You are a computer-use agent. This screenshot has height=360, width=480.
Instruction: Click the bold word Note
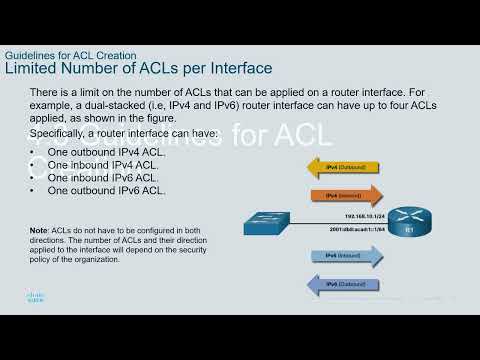point(39,229)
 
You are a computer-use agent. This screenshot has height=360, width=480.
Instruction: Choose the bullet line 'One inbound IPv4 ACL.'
point(101,164)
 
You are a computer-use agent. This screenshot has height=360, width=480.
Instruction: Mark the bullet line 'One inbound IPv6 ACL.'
point(101,177)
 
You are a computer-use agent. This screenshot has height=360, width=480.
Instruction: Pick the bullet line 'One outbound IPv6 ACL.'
point(104,190)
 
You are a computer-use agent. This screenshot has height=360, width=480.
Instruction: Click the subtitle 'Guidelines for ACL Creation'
point(70,55)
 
